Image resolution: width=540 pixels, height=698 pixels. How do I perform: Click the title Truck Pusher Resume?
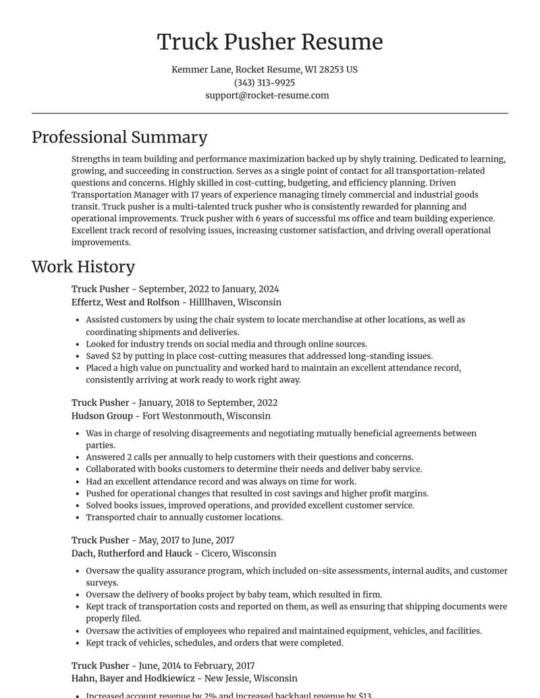pyautogui.click(x=270, y=42)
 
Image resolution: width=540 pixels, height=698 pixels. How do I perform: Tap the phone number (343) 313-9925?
pyautogui.click(x=265, y=82)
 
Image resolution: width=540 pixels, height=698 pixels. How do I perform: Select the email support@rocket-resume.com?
pyautogui.click(x=267, y=95)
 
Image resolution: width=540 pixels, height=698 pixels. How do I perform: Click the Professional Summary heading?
pyautogui.click(x=119, y=137)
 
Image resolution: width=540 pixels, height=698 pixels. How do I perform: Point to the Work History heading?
pyautogui.click(x=83, y=266)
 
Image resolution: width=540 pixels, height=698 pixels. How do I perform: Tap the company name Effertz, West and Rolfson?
pyautogui.click(x=126, y=302)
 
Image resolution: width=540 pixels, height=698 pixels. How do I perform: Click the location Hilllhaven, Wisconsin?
pyautogui.click(x=236, y=302)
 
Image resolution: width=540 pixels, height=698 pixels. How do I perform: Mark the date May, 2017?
pyautogui.click(x=159, y=540)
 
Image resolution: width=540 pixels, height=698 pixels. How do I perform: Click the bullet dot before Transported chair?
pyautogui.click(x=78, y=518)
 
